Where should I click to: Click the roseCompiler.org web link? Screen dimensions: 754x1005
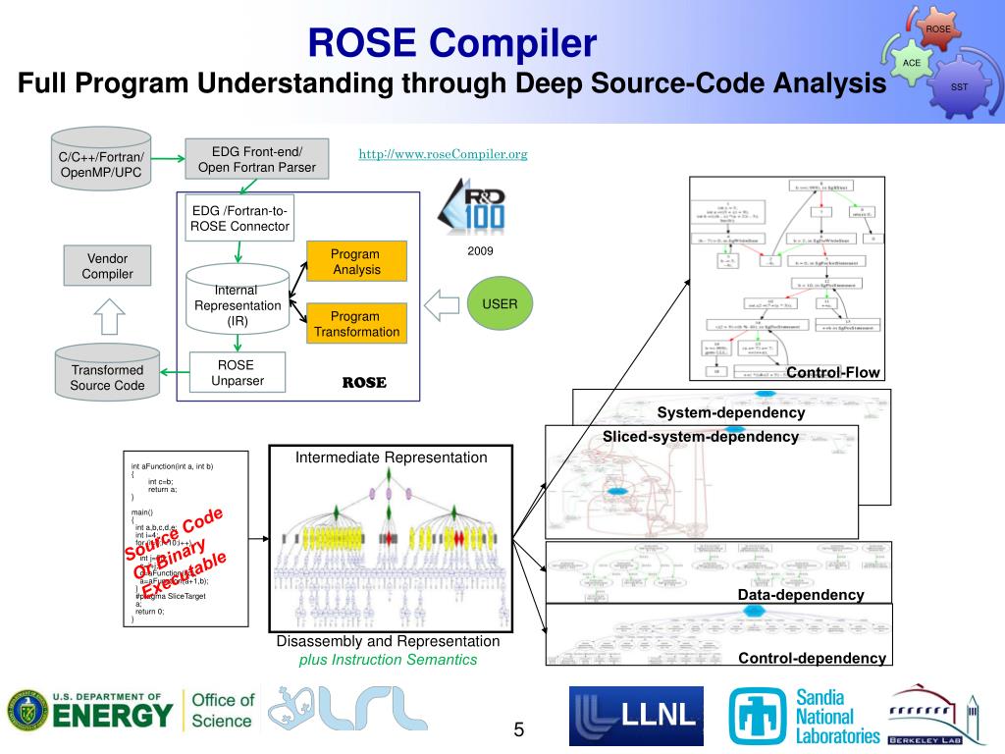[443, 154]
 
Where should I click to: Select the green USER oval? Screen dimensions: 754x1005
[500, 304]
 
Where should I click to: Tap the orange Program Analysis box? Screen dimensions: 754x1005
[356, 261]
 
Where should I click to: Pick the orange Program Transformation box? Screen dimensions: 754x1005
[356, 324]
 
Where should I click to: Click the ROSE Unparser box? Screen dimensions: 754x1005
[237, 373]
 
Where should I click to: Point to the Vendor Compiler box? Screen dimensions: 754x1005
[107, 266]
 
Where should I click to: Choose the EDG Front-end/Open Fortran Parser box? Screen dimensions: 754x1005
[257, 159]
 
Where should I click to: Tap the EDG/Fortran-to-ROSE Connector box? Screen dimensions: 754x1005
[240, 218]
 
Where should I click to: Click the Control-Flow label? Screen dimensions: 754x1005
[833, 372]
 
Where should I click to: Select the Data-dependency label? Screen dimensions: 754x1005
[801, 595]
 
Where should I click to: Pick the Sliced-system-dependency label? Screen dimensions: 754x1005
[701, 437]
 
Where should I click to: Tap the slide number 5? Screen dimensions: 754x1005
[518, 729]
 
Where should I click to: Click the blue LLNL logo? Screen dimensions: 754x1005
[636, 716]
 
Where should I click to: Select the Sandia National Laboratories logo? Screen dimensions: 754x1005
[805, 716]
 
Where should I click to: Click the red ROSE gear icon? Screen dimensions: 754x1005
[938, 30]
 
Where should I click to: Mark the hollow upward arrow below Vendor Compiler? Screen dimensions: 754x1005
[107, 316]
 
